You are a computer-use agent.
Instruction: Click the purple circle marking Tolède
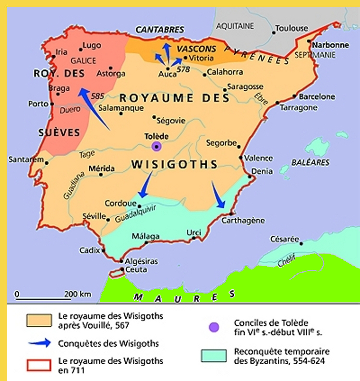click(x=156, y=146)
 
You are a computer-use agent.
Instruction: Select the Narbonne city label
click(x=331, y=45)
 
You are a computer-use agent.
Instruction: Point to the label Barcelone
click(x=317, y=97)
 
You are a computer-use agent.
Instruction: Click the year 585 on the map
click(x=97, y=96)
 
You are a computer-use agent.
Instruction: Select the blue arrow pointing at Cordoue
click(x=145, y=184)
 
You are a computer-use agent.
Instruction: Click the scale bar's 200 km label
click(x=78, y=294)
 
